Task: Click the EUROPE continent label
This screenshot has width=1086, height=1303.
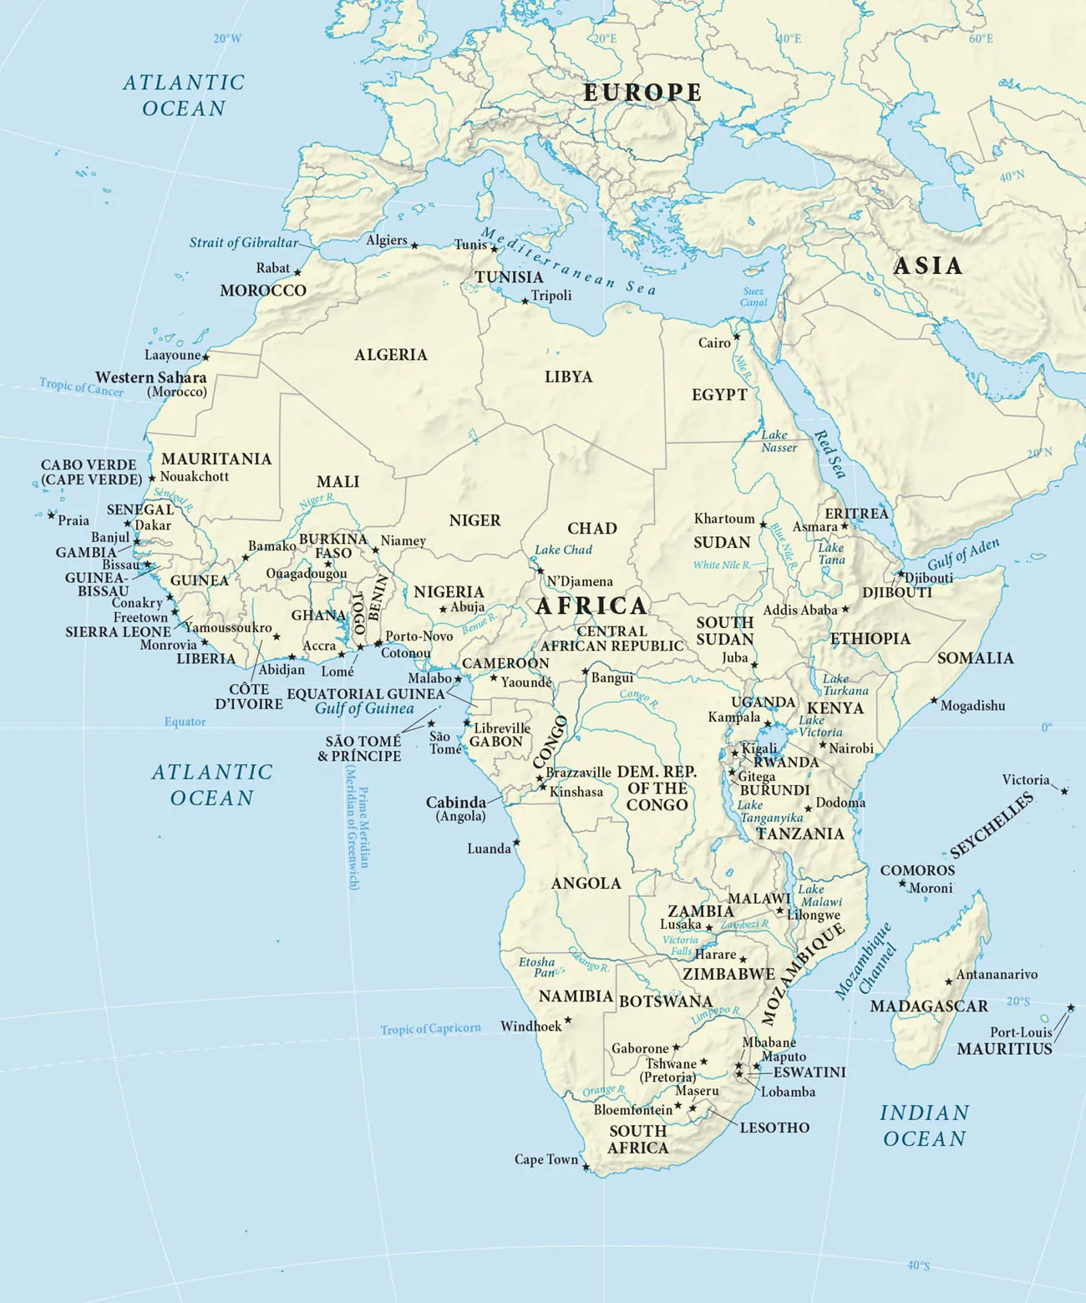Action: pos(642,93)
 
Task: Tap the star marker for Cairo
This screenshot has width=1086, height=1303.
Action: pos(737,337)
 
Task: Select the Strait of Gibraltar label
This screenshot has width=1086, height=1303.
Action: pos(243,243)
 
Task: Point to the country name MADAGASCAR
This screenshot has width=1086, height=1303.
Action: pos(928,1006)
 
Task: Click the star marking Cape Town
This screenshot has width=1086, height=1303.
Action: pos(586,1167)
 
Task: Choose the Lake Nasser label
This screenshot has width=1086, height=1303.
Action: pos(778,441)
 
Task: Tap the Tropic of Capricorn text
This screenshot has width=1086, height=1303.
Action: pos(430,1029)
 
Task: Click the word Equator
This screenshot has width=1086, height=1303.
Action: pos(185,722)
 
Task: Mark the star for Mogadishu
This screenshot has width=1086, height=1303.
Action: pos(934,701)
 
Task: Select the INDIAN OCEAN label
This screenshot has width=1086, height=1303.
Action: pos(924,1126)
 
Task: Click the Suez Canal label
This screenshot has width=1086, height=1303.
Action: pos(754,297)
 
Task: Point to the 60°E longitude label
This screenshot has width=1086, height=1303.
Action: pos(981,39)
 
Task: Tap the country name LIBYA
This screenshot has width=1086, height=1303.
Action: pos(568,378)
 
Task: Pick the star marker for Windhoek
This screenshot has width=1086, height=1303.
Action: pos(568,1020)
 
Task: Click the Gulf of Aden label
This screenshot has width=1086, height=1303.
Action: pos(962,554)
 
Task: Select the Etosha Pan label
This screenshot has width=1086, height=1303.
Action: pos(536,967)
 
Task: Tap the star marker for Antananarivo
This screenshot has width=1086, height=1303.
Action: pos(948,982)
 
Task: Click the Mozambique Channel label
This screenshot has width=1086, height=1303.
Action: pos(865,961)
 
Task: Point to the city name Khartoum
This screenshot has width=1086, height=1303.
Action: pos(723,519)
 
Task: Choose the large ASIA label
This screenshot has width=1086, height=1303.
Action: pos(927,266)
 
